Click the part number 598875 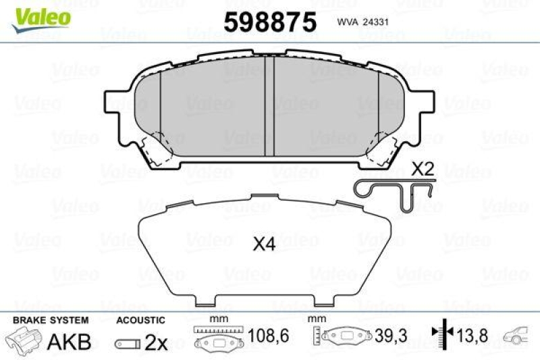[270, 22]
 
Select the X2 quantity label [422, 169]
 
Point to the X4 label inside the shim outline [265, 246]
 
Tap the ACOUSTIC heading [140, 320]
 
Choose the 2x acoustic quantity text [157, 342]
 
